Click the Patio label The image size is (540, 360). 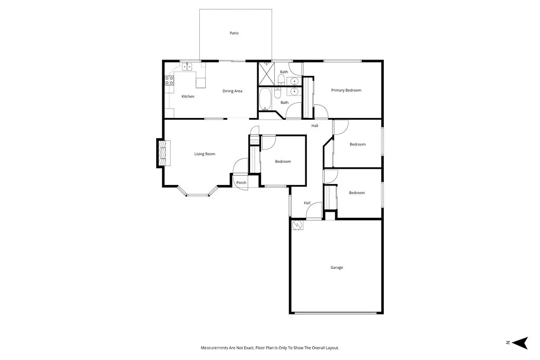tap(234, 33)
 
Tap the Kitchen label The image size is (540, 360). tap(188, 96)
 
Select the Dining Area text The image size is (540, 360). tap(232, 91)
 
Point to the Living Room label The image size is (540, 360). tap(205, 154)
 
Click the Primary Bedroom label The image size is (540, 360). tap(346, 90)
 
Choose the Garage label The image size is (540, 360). tap(336, 268)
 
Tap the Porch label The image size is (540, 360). tap(241, 183)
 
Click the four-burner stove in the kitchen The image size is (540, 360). tap(170, 81)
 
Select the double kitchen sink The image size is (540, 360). tap(187, 67)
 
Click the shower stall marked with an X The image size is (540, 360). tap(266, 73)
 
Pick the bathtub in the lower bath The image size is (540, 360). tap(265, 99)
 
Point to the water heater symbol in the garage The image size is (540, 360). tap(297, 226)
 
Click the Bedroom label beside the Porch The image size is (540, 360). tap(283, 161)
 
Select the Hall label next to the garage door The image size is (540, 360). tap(307, 203)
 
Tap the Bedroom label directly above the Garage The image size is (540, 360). tap(356, 193)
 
